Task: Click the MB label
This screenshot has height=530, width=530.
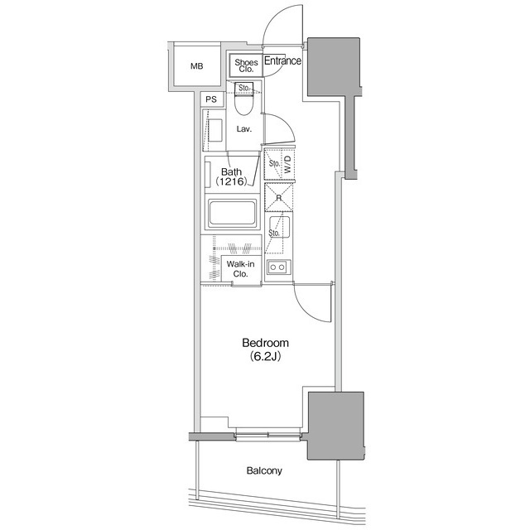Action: pyautogui.click(x=196, y=67)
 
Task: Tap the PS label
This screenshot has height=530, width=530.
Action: pyautogui.click(x=211, y=99)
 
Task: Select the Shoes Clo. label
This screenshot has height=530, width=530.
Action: pyautogui.click(x=246, y=66)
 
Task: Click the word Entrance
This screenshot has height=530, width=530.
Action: pyautogui.click(x=282, y=60)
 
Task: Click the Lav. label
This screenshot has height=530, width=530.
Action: pyautogui.click(x=244, y=129)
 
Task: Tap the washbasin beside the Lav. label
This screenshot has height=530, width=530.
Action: pyautogui.click(x=214, y=131)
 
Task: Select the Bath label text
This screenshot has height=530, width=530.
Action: pyautogui.click(x=231, y=171)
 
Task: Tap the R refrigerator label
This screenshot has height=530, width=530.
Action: pyautogui.click(x=279, y=198)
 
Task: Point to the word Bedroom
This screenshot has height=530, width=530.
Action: pyautogui.click(x=265, y=343)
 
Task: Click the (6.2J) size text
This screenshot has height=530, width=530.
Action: pyautogui.click(x=265, y=357)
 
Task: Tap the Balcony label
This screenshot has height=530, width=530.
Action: pyautogui.click(x=264, y=471)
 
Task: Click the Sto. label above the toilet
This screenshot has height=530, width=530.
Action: pyautogui.click(x=243, y=87)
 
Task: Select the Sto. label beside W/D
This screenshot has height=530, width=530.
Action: pyautogui.click(x=273, y=163)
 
